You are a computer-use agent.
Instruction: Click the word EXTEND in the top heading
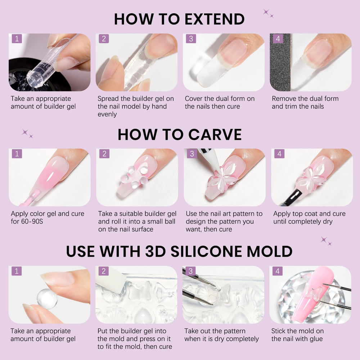[x=215, y=19]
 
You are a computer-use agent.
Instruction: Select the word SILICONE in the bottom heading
[x=206, y=251]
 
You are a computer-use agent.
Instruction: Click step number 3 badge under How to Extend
[x=191, y=39]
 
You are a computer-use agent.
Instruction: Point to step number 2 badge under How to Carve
[x=104, y=154]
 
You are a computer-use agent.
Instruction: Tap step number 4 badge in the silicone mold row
[x=277, y=271]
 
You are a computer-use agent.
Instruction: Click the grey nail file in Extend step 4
[x=280, y=62]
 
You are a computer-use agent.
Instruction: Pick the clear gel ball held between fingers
[x=47, y=299]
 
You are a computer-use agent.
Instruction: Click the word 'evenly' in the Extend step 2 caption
[x=107, y=114]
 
